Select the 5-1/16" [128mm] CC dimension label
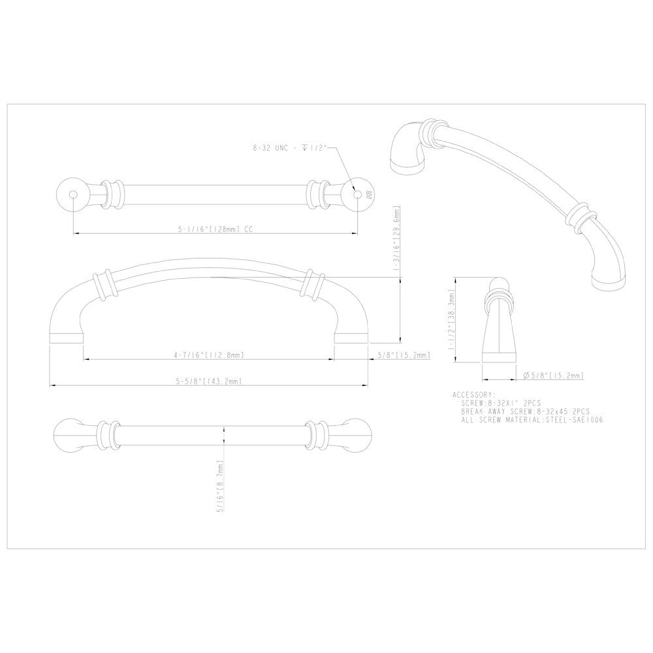215,229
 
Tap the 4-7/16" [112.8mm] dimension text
210,355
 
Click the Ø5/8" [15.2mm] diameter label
553,375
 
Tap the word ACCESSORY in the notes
473,395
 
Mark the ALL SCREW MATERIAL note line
532,421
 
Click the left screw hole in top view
72,193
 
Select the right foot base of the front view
351,338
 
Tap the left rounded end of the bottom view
66,433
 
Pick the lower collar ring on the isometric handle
581,217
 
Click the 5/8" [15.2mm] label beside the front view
404,355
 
